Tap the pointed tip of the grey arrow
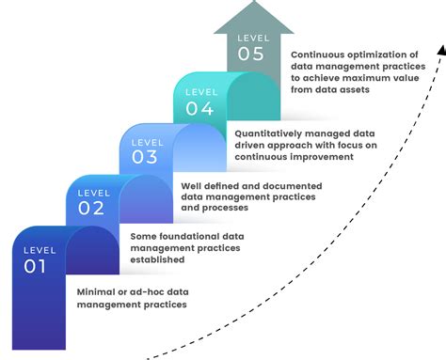tap(247, 4)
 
